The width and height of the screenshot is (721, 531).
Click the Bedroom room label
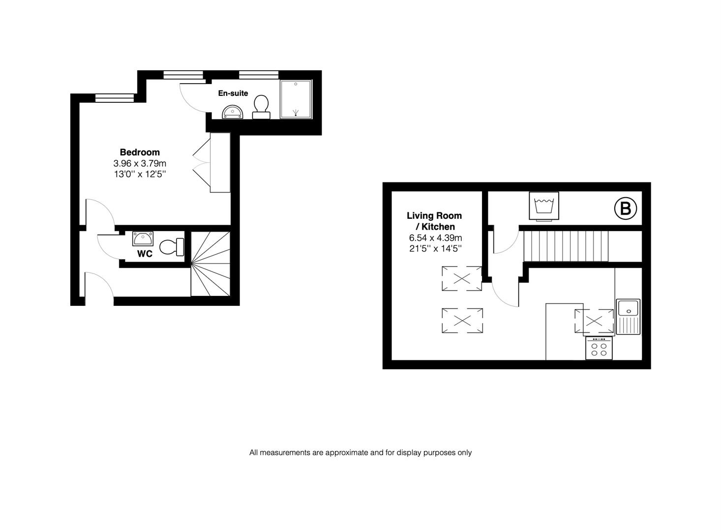coord(140,152)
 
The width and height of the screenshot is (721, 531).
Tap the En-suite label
coord(233,93)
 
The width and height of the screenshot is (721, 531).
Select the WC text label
coord(145,254)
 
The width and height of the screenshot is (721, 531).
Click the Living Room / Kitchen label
coord(434,221)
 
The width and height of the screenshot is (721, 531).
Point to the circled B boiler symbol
coord(625,208)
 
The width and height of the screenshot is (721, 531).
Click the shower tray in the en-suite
coord(296,99)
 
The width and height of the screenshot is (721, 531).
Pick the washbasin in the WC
coord(143,239)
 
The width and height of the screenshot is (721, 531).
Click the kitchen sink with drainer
coord(629,316)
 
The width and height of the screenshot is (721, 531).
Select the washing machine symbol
coord(543,206)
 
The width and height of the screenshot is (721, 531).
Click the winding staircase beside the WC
coord(210,264)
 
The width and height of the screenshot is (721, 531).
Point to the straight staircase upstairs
coord(566,246)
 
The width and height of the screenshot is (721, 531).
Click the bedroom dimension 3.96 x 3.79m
coord(140,163)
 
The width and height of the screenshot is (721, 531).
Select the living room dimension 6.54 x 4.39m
coord(435,238)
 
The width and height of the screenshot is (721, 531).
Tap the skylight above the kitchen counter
coord(594,322)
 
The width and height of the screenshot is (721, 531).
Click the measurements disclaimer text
coord(360,452)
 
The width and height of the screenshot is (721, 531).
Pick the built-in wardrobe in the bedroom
coord(220,162)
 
